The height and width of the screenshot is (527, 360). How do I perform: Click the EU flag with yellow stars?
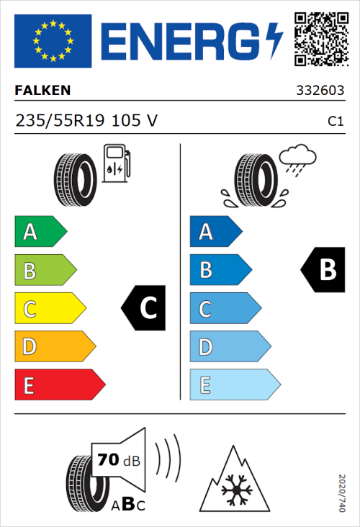point(53,40)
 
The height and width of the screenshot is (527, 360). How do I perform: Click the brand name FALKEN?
point(42,91)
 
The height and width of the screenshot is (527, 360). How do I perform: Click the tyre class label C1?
point(335,122)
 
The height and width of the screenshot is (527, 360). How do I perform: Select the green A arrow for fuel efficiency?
point(40,233)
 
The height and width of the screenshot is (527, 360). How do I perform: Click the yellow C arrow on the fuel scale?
point(49,309)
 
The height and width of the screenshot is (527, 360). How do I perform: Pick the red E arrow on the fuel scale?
point(59,385)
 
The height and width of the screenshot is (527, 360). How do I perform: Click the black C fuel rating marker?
point(144,308)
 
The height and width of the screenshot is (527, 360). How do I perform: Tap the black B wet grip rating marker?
point(324,270)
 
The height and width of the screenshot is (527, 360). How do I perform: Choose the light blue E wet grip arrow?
point(234,385)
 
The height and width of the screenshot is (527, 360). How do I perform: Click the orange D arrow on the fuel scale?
point(54,347)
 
